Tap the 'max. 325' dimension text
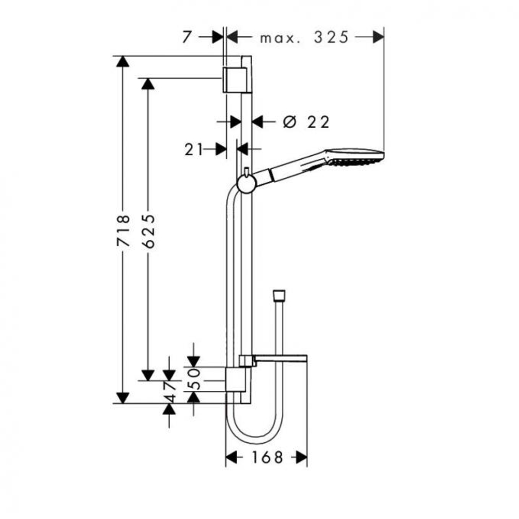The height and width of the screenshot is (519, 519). point(304,37)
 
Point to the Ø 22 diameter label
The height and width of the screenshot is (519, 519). point(306,122)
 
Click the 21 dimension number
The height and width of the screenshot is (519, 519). point(193,149)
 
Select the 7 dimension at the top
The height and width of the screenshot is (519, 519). point(188,37)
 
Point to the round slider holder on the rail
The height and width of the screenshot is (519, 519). point(245,184)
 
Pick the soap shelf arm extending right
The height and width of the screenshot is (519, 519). point(280,359)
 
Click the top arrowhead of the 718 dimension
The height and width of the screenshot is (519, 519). point(122,62)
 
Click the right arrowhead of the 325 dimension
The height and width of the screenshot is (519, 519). point(378,37)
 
